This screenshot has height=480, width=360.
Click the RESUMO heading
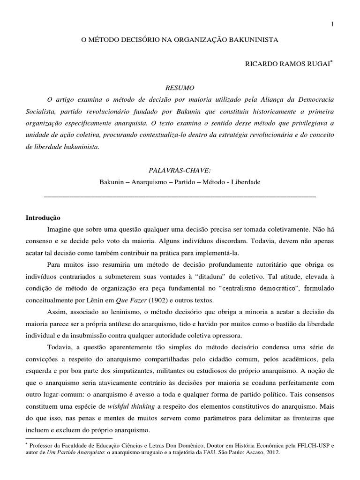[x=180, y=88]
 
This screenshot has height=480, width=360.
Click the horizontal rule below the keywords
[x=180, y=195]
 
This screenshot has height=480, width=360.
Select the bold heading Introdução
[x=42, y=217]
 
